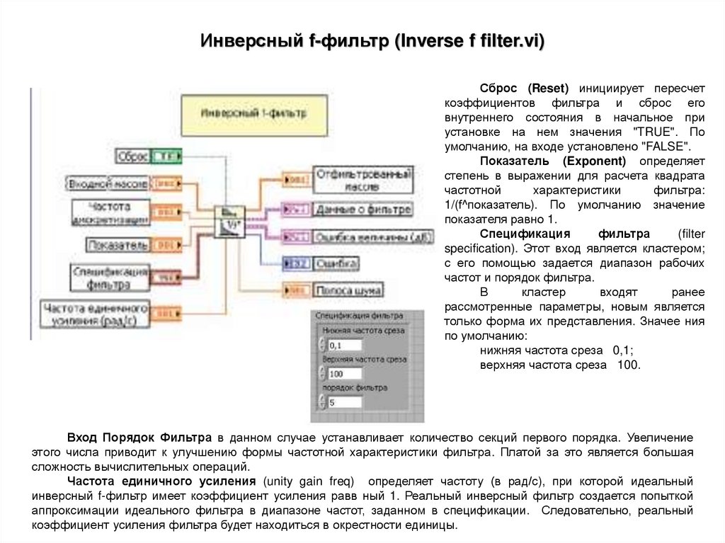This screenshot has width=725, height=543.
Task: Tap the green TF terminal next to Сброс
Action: click(167, 156)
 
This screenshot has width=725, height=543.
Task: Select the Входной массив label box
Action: click(108, 183)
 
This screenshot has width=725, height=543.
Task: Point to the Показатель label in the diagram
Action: click(118, 245)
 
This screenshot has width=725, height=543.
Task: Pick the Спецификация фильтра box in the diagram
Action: click(110, 278)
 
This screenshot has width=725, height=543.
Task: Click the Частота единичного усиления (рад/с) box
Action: click(96, 314)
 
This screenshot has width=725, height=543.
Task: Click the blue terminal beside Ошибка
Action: click(296, 264)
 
